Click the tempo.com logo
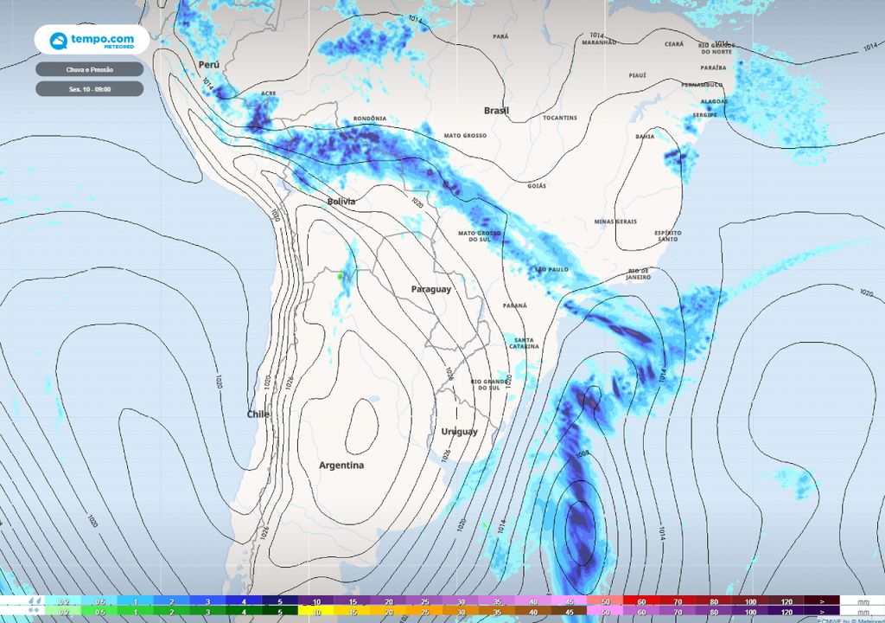91,40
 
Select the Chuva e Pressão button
89,69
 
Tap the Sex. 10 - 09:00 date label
89,88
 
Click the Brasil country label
496,111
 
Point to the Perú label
208,65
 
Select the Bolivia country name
341,202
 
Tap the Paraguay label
430,289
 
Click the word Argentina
341,466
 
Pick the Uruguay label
459,432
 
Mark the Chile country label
258,414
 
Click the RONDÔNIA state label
370,119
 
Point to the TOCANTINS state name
560,118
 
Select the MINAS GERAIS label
615,222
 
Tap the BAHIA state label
645,137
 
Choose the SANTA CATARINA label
525,343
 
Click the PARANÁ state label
515,305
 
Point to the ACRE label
268,93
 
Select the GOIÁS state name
537,186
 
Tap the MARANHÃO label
599,42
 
